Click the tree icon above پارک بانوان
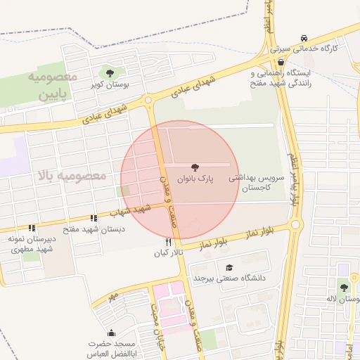[195, 167]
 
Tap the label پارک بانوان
[195, 179]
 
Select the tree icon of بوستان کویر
[109, 72]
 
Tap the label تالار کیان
[169, 252]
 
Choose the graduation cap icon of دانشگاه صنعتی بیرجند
[229, 267]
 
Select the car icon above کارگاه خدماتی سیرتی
[303, 37]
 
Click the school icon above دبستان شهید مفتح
[94, 219]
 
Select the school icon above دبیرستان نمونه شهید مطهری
[31, 228]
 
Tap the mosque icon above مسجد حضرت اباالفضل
[111, 333]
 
